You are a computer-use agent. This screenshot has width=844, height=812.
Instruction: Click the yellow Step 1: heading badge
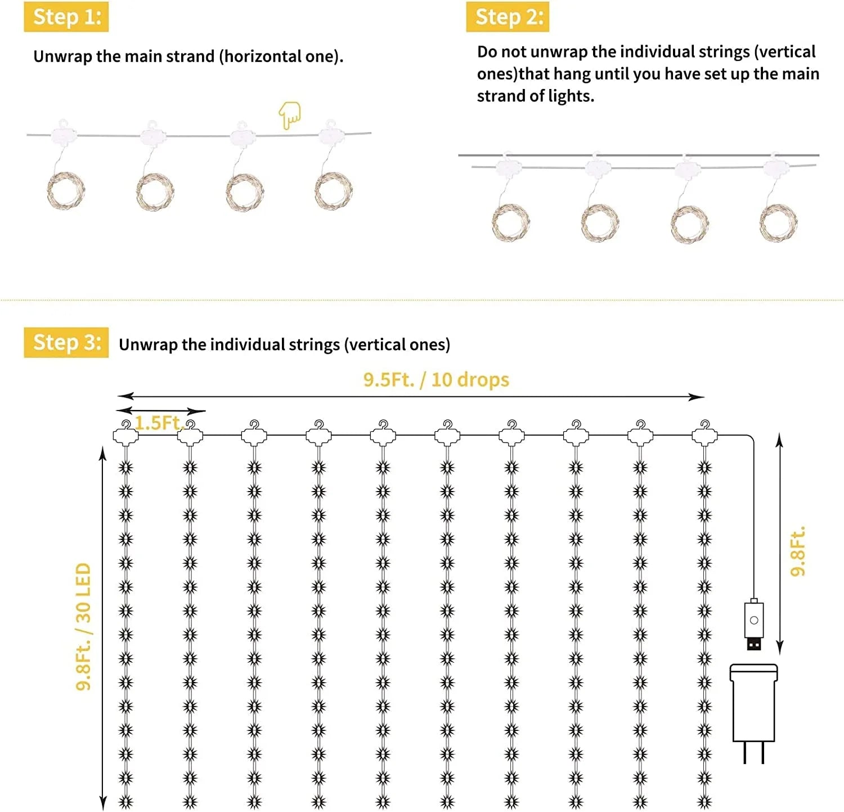[66, 17]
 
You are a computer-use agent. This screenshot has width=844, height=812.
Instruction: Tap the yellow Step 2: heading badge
[508, 17]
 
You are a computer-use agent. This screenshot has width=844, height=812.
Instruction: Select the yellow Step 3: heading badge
[66, 342]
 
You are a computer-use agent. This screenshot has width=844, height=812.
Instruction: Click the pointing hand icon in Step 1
[290, 115]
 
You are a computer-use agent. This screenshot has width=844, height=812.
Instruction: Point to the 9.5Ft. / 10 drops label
[436, 380]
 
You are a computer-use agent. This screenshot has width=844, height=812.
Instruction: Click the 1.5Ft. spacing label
[160, 423]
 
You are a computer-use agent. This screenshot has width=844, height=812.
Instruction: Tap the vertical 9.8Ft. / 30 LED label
[83, 627]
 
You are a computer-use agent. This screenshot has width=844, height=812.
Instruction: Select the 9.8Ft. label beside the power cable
[798, 551]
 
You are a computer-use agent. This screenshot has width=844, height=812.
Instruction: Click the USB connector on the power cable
[754, 624]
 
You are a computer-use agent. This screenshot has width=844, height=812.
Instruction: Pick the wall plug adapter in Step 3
[754, 713]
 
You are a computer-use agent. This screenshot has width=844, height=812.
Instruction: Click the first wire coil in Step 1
[66, 190]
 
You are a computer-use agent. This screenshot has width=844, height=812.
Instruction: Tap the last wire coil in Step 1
[334, 190]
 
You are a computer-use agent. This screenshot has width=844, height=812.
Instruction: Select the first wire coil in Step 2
[510, 222]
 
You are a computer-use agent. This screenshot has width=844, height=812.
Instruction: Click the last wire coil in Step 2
[778, 222]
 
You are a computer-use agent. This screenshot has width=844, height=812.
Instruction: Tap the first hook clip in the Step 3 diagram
[125, 433]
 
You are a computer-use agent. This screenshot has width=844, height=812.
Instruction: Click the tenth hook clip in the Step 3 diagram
[704, 433]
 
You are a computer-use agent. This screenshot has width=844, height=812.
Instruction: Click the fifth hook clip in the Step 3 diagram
[383, 433]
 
